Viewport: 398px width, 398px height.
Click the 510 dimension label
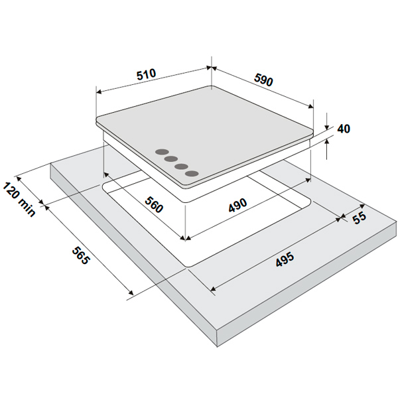(146, 74)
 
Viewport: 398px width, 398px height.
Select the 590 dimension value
(263, 80)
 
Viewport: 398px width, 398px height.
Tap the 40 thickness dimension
(344, 129)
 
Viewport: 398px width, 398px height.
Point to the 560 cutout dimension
(154, 204)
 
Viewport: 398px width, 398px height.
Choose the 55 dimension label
(360, 218)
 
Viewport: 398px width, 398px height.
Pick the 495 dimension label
(285, 259)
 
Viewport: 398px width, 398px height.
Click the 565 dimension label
(81, 255)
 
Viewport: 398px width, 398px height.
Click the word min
(26, 208)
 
